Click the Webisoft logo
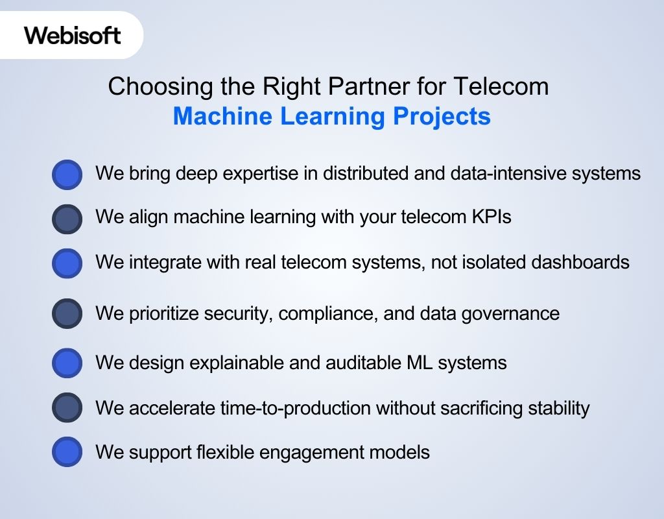tap(73, 35)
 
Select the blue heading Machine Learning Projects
tap(331, 117)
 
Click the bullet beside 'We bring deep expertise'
tap(67, 175)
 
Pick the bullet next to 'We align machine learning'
tap(67, 219)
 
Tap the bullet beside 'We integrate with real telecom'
tap(67, 263)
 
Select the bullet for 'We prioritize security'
tap(67, 314)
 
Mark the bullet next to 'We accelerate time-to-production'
tap(67, 408)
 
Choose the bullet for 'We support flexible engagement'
tap(67, 452)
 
